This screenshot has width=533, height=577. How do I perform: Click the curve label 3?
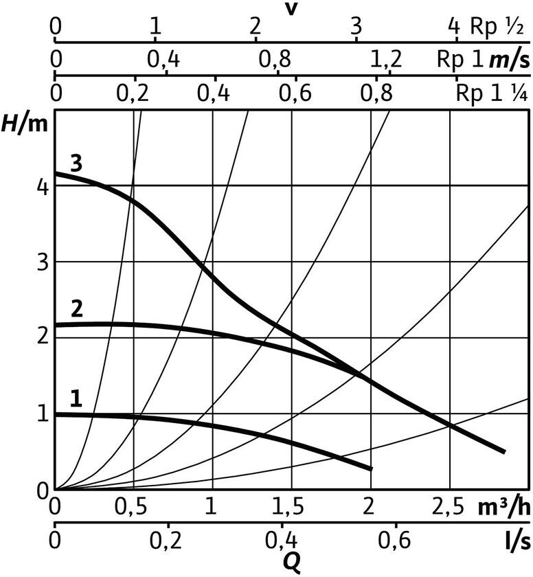[x=76, y=163]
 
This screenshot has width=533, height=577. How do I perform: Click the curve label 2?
[x=77, y=308]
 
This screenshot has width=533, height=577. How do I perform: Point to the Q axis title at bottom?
[x=292, y=564]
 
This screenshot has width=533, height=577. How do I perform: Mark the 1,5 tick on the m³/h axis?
[x=292, y=509]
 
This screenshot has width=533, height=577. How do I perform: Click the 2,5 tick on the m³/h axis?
[x=449, y=509]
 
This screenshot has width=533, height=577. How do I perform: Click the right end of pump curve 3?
[x=505, y=451]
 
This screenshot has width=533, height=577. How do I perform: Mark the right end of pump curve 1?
[x=371, y=468]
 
